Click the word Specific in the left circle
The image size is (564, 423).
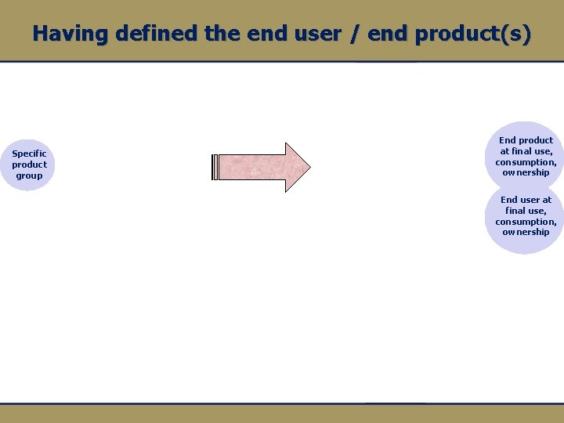pos(29,154)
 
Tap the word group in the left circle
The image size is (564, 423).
pos(29,175)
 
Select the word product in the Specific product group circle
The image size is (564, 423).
pos(29,164)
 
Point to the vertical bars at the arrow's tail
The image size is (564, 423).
pos(215,167)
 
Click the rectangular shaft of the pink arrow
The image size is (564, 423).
pos(251,167)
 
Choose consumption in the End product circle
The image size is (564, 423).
pos(526,162)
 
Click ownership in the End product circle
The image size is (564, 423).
pos(526,172)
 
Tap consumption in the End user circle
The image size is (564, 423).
pos(526,222)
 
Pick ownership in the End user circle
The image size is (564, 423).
pos(526,232)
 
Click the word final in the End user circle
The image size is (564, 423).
pos(516,211)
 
